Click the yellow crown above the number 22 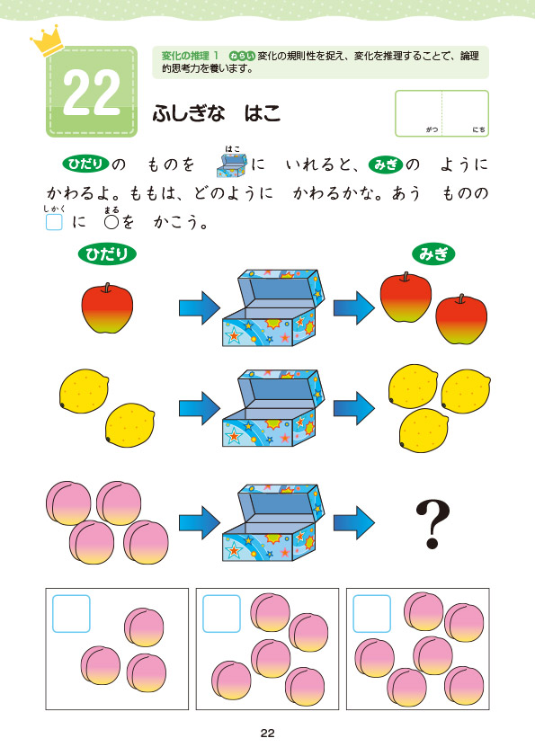pyautogui.click(x=48, y=40)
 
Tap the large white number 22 pyautogui.click(x=92, y=93)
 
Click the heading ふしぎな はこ pyautogui.click(x=216, y=114)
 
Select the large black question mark pyautogui.click(x=432, y=524)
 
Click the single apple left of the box pyautogui.click(x=107, y=308)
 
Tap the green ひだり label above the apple pyautogui.click(x=107, y=254)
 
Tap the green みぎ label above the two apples pyautogui.click(x=433, y=254)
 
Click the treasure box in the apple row pyautogui.click(x=273, y=307)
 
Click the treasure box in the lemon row pyautogui.click(x=273, y=408)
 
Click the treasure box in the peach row pyautogui.click(x=273, y=522)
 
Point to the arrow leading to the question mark pyautogui.click(x=354, y=522)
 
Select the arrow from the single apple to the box pyautogui.click(x=200, y=307)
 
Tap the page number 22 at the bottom pyautogui.click(x=267, y=734)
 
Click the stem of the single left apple pyautogui.click(x=107, y=288)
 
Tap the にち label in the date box pyautogui.click(x=478, y=129)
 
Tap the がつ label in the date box pyautogui.click(x=432, y=129)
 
